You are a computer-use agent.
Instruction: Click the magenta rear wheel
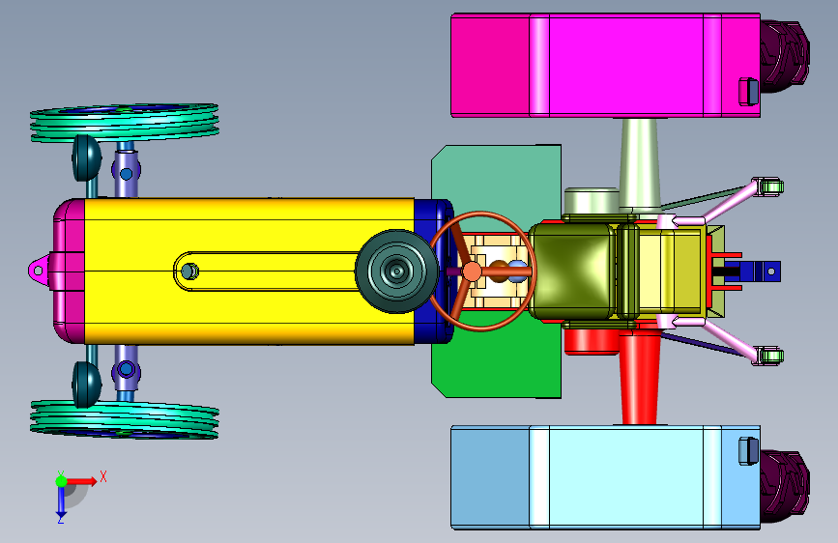[x=605, y=65]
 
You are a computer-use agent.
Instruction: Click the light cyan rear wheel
[x=605, y=478]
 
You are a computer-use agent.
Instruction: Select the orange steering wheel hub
[x=472, y=271]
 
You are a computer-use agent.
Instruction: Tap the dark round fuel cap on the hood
[x=396, y=271]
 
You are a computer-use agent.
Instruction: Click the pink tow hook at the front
[x=39, y=270]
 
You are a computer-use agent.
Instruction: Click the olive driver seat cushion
[x=573, y=271]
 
